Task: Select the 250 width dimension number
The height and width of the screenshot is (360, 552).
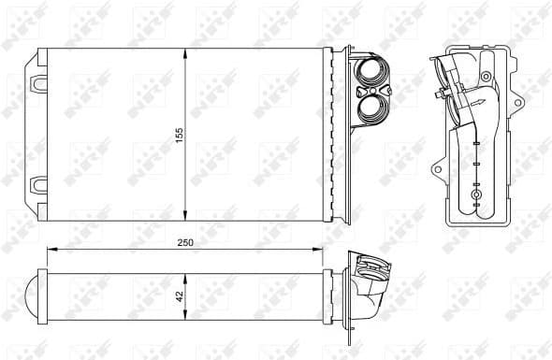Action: point(184,242)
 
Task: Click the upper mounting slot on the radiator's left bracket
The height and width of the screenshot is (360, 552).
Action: point(38,83)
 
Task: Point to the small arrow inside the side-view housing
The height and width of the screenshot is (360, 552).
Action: point(478,104)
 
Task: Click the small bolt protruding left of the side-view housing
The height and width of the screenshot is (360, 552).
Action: point(440,94)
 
